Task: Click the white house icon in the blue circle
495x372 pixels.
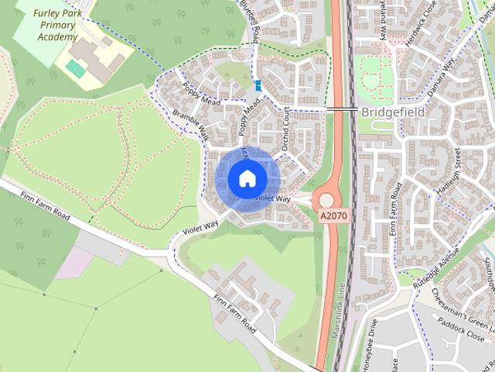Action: (x=247, y=178)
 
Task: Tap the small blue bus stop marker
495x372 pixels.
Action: (x=258, y=86)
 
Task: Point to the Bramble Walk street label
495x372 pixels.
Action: (x=191, y=124)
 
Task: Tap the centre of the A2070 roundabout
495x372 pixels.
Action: (x=326, y=201)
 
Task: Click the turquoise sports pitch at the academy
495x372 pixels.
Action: (x=76, y=69)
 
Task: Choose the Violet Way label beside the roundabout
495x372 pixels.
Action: (x=272, y=199)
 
